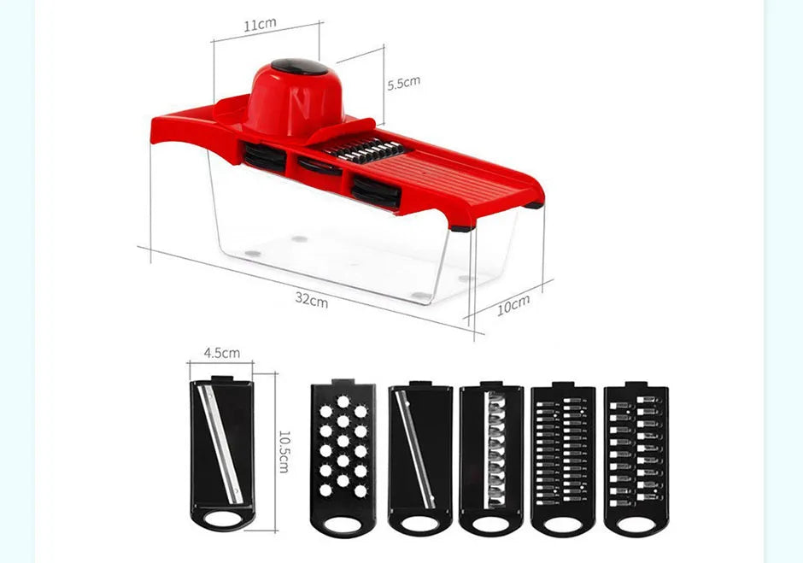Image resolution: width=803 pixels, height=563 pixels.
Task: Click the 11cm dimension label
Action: click(260, 25)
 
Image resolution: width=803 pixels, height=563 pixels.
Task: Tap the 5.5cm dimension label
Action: click(403, 83)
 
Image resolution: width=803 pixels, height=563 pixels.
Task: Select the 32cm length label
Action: click(311, 299)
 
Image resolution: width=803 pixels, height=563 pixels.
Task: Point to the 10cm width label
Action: click(513, 305)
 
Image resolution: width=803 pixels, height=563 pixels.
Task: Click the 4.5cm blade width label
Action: click(222, 353)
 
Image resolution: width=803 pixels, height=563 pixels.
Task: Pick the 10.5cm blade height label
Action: click(284, 451)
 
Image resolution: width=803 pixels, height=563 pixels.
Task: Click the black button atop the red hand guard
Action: click(299, 67)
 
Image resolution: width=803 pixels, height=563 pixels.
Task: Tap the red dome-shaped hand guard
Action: click(294, 100)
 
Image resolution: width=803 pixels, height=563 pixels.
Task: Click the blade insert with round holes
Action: click(343, 458)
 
